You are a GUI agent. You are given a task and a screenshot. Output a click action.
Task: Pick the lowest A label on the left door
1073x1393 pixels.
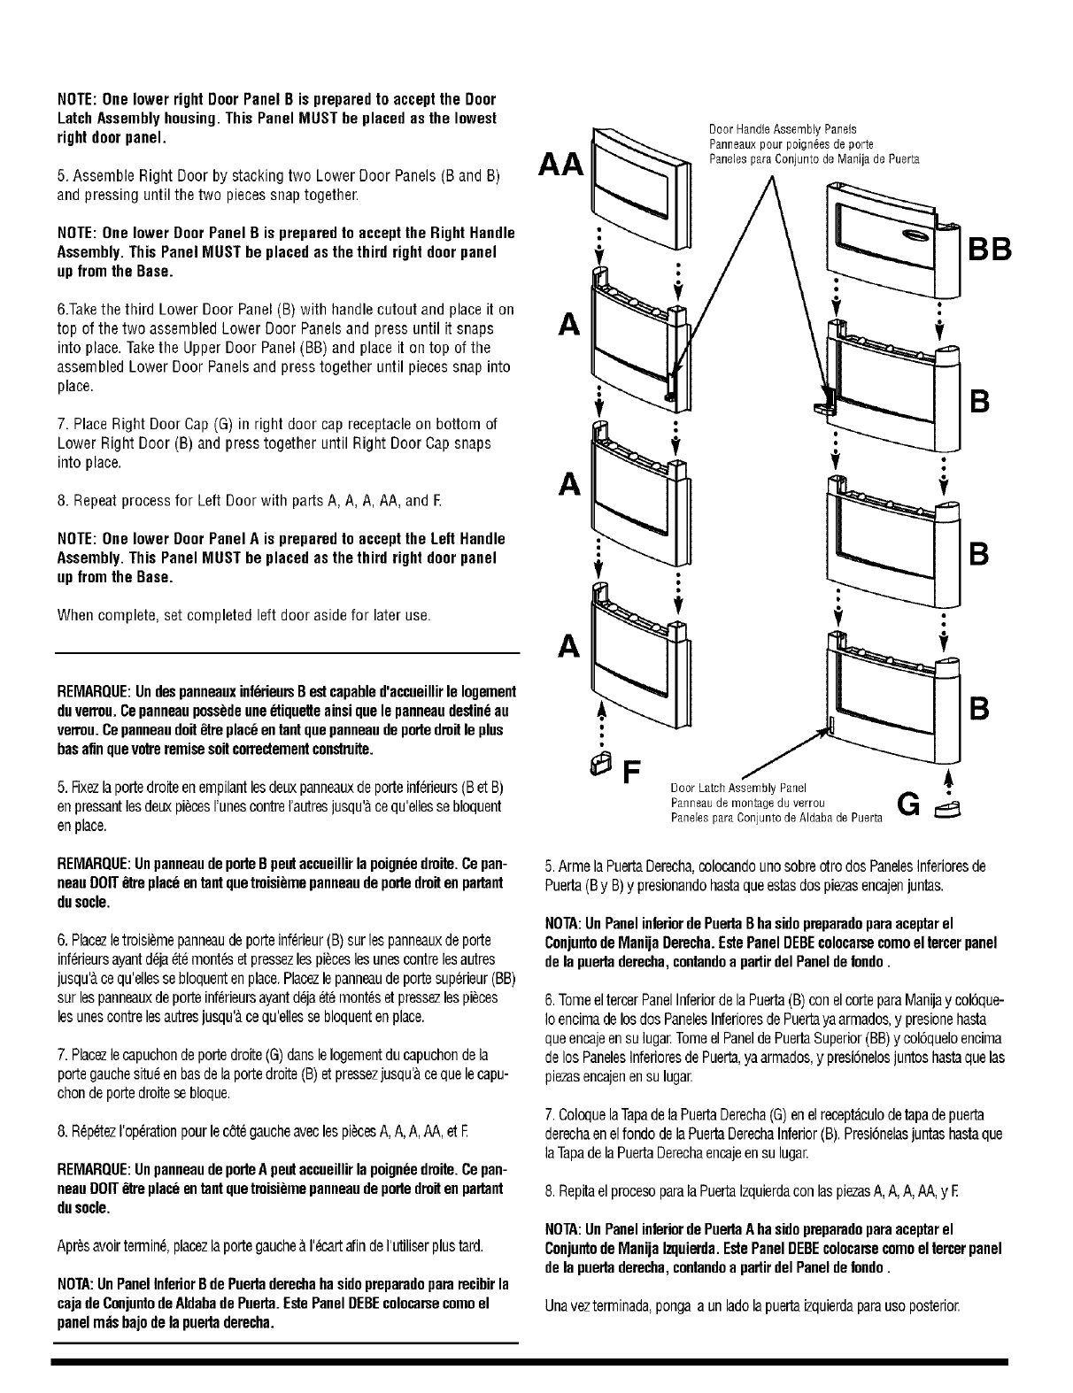568,649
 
